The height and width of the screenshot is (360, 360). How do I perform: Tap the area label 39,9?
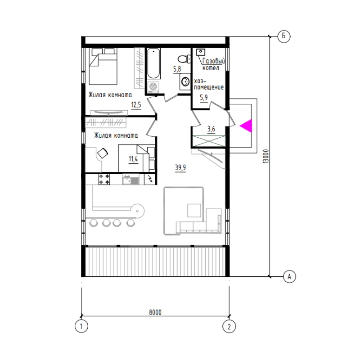click(x=180, y=167)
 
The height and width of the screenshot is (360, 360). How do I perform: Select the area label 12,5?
click(x=136, y=105)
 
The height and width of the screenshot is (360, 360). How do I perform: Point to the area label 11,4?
click(x=133, y=159)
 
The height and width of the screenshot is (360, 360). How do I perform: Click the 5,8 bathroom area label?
click(x=177, y=69)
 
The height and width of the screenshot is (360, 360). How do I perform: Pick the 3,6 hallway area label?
click(x=211, y=129)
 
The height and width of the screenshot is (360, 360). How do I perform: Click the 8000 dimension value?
click(x=155, y=312)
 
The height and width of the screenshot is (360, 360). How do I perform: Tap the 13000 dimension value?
click(x=265, y=156)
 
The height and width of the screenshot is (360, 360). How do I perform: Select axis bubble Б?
click(x=284, y=36)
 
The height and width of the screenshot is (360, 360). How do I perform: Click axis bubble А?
click(x=289, y=276)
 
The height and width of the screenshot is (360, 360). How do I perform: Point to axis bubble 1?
click(x=81, y=326)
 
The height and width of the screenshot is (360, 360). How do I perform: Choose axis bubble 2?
click(x=229, y=326)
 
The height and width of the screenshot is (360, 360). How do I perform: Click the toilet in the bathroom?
click(x=184, y=59)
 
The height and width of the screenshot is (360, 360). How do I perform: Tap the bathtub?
click(x=153, y=63)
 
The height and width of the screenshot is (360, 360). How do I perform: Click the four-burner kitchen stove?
click(x=104, y=179)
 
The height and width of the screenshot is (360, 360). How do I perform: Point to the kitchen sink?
click(x=130, y=179)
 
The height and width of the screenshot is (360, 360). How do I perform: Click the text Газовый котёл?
click(x=213, y=64)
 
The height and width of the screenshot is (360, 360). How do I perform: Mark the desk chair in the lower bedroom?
click(x=103, y=153)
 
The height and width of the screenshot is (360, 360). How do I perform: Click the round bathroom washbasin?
click(x=185, y=81)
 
